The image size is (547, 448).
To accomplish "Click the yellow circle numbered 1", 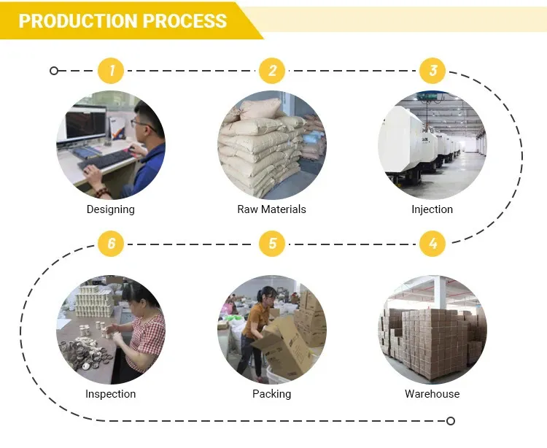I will click(112, 71).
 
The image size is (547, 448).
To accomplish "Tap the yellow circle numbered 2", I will click(272, 71).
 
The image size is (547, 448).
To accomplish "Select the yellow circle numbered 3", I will click(432, 71).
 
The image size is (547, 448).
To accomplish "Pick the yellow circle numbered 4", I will click(432, 244).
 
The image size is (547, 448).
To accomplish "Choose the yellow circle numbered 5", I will click(272, 244).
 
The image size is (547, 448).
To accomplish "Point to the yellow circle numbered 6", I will click(112, 244).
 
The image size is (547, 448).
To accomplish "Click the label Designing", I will click(111, 209).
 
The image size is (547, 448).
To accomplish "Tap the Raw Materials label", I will click(271, 209).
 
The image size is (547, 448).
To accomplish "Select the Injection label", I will click(432, 209).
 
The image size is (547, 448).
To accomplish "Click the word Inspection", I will click(111, 394).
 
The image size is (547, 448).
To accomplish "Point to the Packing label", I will click(271, 394).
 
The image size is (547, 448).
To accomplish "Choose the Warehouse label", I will click(432, 394).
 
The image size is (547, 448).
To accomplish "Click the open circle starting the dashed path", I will click(54, 71).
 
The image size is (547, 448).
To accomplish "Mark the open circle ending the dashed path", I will click(451, 421).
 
